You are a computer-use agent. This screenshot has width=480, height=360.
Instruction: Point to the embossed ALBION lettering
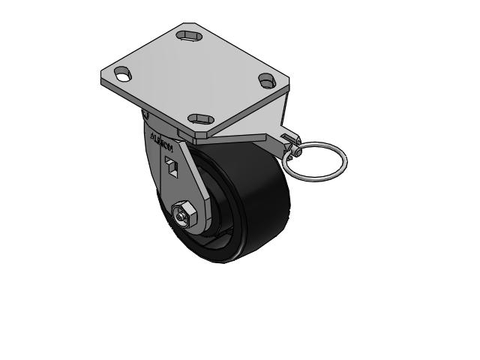161,140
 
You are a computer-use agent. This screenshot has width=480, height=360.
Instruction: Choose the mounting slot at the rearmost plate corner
187,34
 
